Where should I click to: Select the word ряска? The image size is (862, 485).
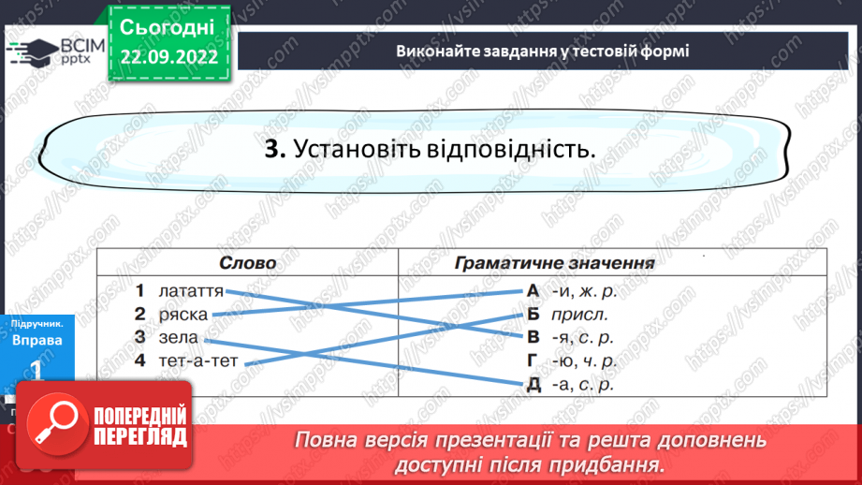183,314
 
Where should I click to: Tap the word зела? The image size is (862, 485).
179,337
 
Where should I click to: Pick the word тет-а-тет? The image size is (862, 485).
198,360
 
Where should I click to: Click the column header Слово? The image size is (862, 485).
248,263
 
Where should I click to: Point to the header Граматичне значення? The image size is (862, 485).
554,263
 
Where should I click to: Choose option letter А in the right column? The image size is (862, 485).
533,290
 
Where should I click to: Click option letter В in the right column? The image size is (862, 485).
533,337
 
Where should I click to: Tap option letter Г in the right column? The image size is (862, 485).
533,360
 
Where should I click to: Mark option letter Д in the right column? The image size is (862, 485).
533,384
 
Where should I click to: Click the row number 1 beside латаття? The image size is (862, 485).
139,290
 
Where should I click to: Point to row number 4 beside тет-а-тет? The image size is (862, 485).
139,360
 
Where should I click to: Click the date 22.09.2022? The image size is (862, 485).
169,56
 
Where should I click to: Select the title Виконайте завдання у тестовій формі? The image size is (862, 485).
542,51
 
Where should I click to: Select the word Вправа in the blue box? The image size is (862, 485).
37,340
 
